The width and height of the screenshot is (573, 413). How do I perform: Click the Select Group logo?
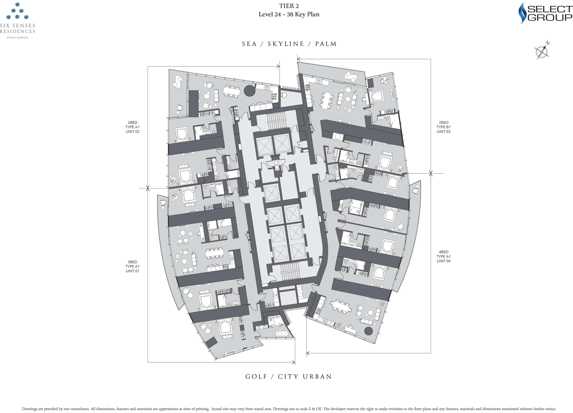click(545, 13)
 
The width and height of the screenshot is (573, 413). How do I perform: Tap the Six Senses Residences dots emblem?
click(17, 11)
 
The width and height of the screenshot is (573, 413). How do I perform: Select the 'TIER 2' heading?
click(289, 6)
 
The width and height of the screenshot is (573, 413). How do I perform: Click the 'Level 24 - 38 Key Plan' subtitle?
click(289, 14)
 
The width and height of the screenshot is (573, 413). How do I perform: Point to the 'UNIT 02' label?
click(132, 132)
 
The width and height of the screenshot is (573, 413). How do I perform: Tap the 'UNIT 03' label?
click(443, 132)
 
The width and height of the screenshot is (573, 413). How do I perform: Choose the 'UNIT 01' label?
click(132, 271)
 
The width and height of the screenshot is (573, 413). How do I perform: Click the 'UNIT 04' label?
click(443, 261)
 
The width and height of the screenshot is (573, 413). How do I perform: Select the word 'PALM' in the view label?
click(326, 44)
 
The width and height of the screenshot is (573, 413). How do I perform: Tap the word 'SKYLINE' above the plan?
click(286, 44)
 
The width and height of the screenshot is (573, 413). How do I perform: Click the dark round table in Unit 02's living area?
click(250, 91)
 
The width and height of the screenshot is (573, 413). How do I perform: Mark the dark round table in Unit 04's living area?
click(368, 331)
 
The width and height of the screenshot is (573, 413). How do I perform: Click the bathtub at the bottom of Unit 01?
click(282, 334)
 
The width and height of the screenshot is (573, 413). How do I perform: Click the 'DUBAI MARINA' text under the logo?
click(17, 38)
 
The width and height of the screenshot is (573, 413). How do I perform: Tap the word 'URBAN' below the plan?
click(317, 376)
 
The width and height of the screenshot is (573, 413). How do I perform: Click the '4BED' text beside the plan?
click(443, 252)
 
